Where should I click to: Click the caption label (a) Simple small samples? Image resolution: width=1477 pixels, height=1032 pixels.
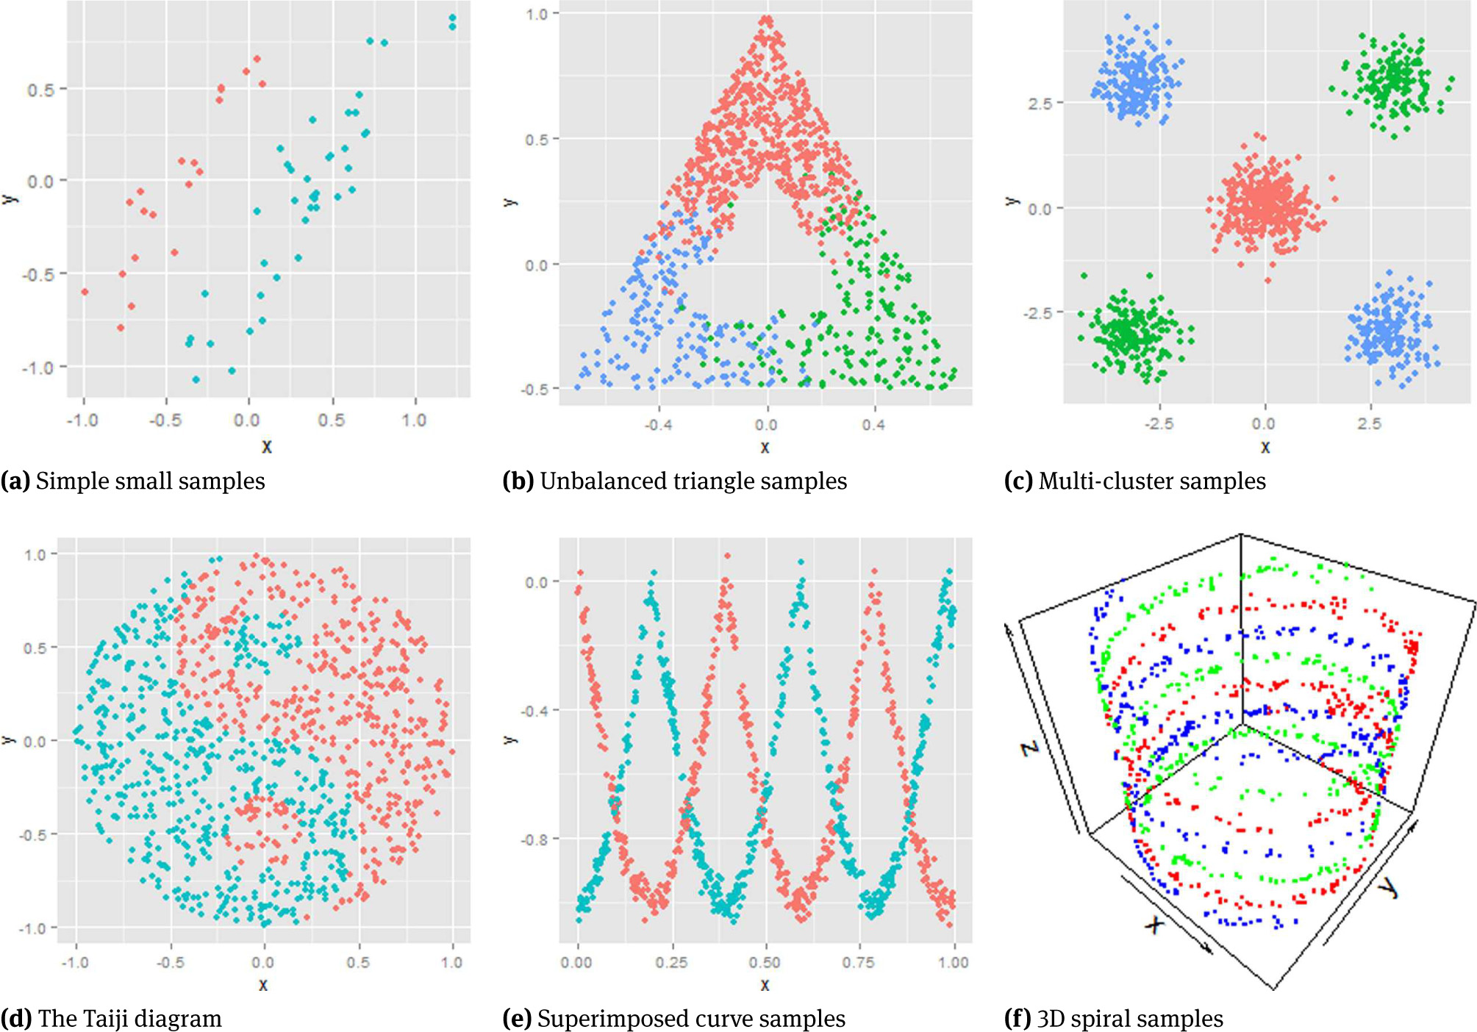(133, 481)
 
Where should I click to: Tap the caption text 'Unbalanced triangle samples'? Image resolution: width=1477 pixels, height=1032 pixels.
(693, 481)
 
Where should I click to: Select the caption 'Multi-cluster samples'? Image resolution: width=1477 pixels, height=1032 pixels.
(1152, 481)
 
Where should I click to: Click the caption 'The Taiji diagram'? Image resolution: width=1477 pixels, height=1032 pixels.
(129, 1019)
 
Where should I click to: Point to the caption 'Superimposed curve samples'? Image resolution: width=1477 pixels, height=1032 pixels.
(691, 1019)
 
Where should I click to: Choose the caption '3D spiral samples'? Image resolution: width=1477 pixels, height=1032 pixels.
(1130, 1019)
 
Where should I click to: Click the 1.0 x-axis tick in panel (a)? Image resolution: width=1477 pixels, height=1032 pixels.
(414, 420)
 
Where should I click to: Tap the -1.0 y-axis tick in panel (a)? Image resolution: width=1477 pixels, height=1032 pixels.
(38, 368)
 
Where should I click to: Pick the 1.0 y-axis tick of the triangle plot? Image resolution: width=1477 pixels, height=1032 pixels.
(537, 14)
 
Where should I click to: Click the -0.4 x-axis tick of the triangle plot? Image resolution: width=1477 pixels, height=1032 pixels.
(658, 425)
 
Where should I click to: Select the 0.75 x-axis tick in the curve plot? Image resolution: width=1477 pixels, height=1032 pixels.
(858, 962)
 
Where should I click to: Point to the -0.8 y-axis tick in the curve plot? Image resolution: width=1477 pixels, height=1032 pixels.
(535, 839)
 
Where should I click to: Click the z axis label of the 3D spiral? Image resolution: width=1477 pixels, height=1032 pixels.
(1031, 748)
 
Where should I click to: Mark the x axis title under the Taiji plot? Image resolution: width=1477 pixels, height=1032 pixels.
(263, 984)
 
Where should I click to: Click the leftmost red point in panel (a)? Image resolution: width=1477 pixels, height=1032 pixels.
(85, 292)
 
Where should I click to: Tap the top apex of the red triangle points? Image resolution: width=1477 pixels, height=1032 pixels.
(767, 20)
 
